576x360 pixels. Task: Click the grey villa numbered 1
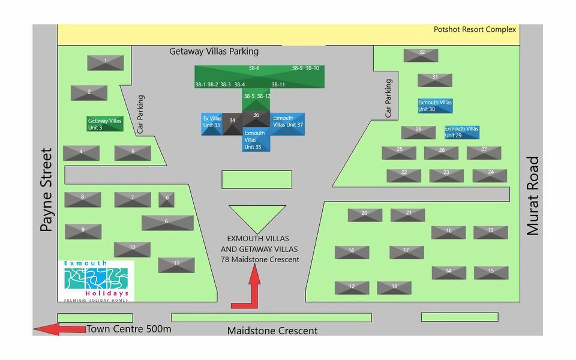[x=106, y=62]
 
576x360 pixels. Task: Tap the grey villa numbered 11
[x=176, y=265]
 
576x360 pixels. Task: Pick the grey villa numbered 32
[x=421, y=55]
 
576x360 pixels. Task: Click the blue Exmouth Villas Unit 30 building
[x=435, y=106]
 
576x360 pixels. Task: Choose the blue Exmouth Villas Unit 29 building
[x=461, y=132]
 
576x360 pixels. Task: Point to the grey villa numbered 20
[x=365, y=215]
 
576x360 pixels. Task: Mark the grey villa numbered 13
[x=394, y=288]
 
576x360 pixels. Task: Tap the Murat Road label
[x=533, y=196]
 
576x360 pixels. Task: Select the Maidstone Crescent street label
[x=272, y=331]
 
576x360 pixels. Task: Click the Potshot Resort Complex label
[x=475, y=29]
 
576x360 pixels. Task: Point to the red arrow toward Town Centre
[x=59, y=329]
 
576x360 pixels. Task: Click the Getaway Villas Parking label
[x=214, y=52]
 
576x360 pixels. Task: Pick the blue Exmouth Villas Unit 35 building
[x=254, y=141]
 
